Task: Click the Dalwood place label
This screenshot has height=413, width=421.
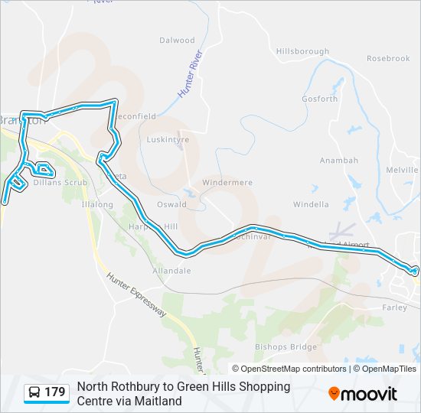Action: tap(177, 41)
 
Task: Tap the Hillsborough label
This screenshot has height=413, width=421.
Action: tap(302, 51)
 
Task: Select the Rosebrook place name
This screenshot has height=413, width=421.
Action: tap(388, 58)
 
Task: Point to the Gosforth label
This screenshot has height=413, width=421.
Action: tap(319, 99)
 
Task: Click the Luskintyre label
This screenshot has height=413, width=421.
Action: tap(168, 140)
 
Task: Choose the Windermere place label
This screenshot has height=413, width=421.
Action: tap(227, 183)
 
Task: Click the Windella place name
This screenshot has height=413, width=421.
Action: tap(311, 204)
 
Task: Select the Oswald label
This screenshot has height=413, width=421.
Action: tap(171, 204)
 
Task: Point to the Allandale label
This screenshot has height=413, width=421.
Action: tap(171, 271)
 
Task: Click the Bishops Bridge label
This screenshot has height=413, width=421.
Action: tap(286, 346)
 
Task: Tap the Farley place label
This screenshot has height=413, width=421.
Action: tap(393, 307)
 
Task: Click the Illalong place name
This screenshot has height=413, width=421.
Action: tap(97, 205)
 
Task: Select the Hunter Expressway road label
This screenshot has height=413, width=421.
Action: tap(135, 296)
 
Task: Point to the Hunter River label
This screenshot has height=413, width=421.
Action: tap(190, 74)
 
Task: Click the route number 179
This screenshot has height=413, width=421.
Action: tap(54, 392)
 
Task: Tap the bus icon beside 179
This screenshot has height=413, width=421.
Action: tap(34, 393)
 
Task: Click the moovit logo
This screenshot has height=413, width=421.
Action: tap(363, 394)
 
